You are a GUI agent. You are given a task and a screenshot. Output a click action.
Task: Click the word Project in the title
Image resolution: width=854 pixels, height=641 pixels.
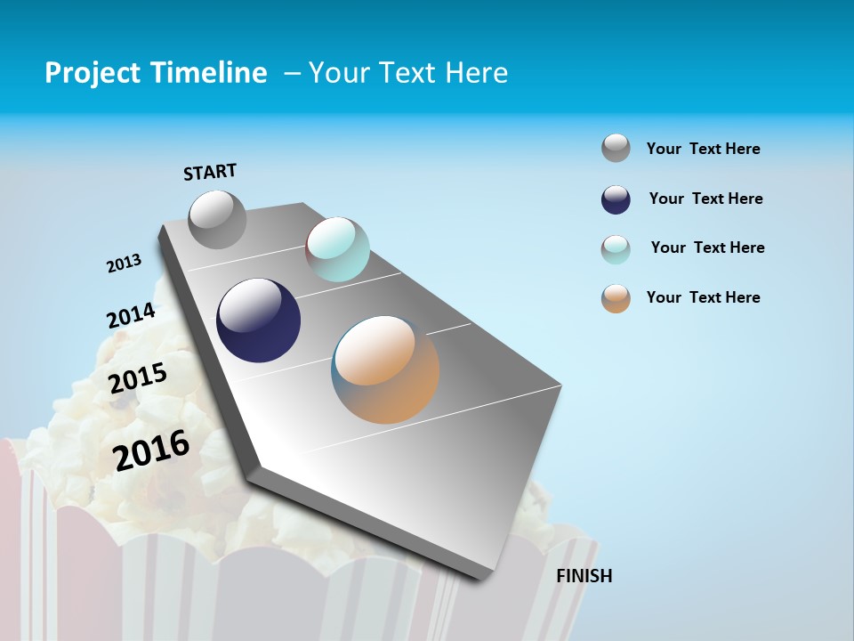click(89, 73)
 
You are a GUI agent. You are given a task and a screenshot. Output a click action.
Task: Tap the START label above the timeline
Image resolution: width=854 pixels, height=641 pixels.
click(210, 172)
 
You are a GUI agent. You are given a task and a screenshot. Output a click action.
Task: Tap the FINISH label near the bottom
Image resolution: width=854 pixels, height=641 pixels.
click(584, 576)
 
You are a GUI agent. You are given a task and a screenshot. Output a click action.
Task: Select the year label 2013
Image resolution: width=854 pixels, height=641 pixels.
click(124, 263)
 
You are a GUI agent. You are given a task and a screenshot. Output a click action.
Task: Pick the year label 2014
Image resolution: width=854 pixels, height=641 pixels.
click(131, 315)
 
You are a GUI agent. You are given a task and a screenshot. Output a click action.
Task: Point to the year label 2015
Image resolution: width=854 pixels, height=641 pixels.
click(138, 378)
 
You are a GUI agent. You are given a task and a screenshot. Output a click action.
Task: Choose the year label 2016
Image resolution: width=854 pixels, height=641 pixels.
click(151, 450)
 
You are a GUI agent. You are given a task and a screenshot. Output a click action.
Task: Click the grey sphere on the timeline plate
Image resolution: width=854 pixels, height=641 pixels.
click(217, 219)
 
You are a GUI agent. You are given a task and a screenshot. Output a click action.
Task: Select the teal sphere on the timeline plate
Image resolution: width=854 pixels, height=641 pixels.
click(337, 249)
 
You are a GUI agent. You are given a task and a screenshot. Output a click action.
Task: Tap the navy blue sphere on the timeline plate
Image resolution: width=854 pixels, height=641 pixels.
click(259, 320)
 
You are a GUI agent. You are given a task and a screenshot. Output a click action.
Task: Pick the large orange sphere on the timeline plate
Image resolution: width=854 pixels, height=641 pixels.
click(385, 369)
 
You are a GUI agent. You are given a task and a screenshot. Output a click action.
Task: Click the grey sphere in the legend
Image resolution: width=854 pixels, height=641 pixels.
click(616, 148)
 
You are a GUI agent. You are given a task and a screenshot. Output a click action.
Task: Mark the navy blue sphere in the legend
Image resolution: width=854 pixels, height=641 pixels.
click(616, 199)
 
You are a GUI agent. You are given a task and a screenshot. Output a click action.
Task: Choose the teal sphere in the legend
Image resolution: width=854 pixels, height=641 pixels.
click(616, 249)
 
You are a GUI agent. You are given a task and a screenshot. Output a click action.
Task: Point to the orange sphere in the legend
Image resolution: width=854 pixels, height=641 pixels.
click(616, 298)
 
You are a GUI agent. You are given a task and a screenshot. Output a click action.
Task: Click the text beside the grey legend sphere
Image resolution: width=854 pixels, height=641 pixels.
click(703, 149)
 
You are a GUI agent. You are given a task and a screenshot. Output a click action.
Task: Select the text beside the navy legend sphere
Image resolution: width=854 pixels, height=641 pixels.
click(705, 199)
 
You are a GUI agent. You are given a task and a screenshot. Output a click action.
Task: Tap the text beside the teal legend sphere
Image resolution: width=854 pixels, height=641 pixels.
click(707, 247)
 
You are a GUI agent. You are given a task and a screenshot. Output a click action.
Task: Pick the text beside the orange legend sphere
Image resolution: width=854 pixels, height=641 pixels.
click(703, 297)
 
